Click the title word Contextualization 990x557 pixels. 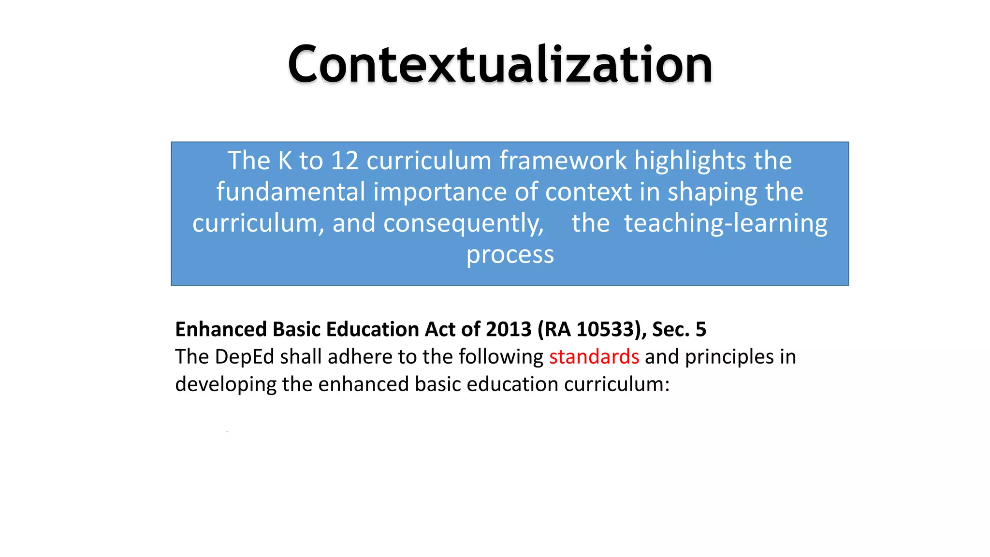pos(500,64)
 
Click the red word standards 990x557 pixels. pos(594,357)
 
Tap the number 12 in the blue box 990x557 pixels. pos(344,161)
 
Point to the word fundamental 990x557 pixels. pos(291,192)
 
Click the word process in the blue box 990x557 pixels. pos(510,254)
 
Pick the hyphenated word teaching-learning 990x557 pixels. pos(726,223)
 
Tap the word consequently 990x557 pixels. pos(464,223)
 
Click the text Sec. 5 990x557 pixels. pos(679,329)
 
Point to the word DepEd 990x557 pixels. pos(245,357)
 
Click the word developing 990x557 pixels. pos(226,384)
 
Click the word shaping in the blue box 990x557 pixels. pos(713,192)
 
